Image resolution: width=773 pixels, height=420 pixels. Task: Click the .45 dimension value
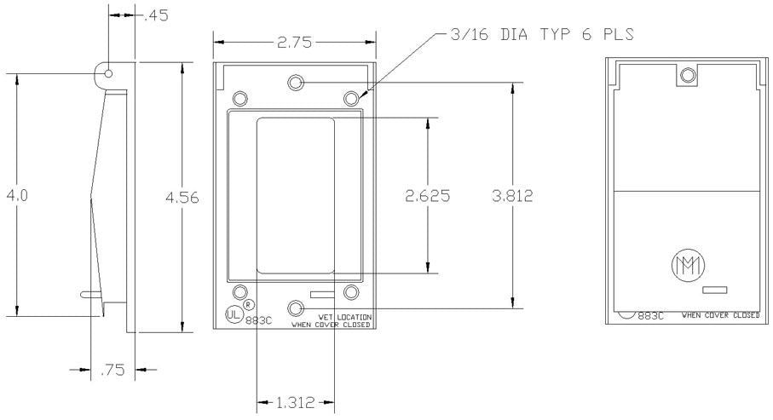156,16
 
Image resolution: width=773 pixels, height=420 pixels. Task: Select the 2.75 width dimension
294,43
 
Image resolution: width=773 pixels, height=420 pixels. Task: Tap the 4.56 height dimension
182,198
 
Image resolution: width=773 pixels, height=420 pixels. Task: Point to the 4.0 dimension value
17,196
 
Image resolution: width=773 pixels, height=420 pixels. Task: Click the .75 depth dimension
112,370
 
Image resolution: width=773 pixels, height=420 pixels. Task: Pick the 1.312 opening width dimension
295,403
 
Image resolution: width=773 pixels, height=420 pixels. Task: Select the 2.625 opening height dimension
428,196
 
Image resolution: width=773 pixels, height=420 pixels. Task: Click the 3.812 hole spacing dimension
513,196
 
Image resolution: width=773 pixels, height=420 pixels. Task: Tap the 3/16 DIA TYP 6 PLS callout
542,34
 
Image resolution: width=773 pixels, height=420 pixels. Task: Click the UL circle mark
234,314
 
